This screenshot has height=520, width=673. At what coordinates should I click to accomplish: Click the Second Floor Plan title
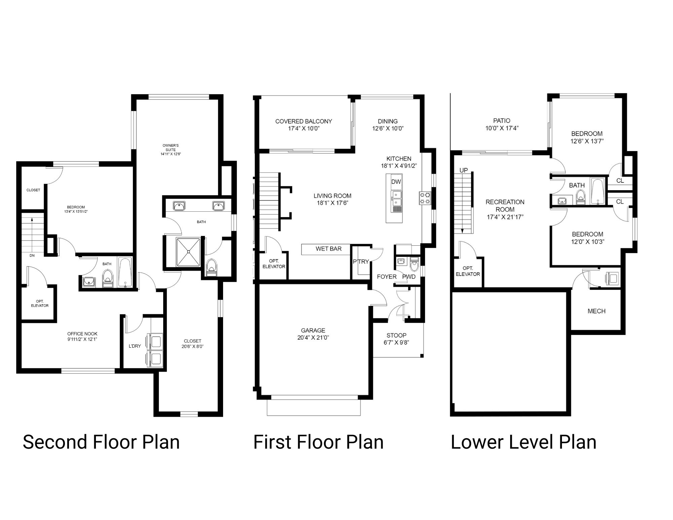point(101,442)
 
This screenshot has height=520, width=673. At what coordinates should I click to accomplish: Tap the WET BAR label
point(328,249)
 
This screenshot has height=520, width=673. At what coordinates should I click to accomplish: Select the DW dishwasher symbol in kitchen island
point(396,182)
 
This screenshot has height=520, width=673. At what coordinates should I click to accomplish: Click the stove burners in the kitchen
point(425,198)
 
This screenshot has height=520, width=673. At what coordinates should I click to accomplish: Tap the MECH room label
point(596,311)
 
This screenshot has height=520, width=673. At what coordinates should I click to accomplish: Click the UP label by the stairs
point(463,170)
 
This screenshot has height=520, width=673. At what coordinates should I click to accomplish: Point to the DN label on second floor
point(32,255)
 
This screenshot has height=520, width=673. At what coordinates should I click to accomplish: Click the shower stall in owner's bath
point(188,251)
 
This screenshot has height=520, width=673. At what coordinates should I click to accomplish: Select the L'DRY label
point(135,346)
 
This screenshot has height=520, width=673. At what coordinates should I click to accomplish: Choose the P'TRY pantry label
point(361,262)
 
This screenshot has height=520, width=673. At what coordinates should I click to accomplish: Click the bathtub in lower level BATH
point(598,191)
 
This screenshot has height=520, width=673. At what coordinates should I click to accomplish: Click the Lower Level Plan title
point(523,442)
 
